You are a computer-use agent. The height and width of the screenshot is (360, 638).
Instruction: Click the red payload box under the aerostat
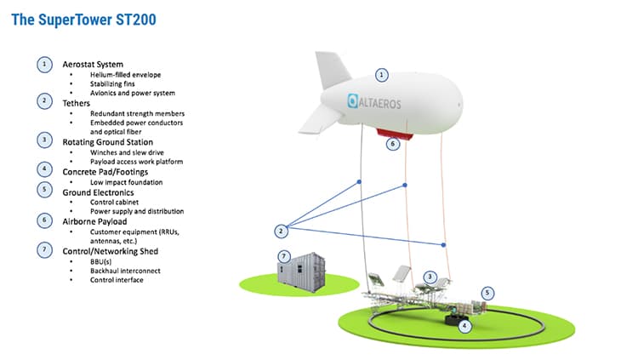pos(391,133)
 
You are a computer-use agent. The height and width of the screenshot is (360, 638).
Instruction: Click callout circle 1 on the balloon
pos(382,75)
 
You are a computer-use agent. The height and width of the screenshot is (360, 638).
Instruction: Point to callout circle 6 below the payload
pos(392,145)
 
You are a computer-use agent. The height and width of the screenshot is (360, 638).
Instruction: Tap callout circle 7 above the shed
pos(284,255)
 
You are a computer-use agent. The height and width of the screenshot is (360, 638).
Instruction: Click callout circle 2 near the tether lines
pos(282,231)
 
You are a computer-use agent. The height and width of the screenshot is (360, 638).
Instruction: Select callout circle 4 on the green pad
pos(464,324)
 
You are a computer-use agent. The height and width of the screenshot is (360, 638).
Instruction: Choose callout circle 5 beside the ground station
pos(487,293)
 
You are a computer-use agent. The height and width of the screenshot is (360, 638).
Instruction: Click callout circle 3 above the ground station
pos(431,277)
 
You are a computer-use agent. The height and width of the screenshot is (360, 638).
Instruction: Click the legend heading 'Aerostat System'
pos(93,65)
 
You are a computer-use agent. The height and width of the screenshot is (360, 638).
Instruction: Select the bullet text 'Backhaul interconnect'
pos(124,271)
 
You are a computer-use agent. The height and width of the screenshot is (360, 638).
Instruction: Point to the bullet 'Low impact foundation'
pos(126,183)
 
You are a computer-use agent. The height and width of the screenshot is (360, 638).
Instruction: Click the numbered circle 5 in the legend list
pos(44,191)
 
